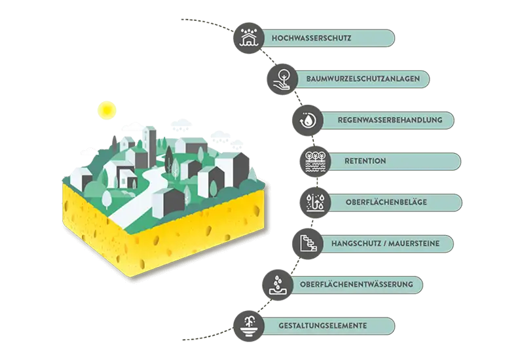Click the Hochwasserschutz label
pos(312,39)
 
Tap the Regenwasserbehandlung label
pos(384,120)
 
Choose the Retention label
pos(365,161)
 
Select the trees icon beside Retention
pos(316,161)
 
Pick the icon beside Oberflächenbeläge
pos(316,202)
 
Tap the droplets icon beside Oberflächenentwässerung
pos(278,284)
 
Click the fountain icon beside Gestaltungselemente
pos(248,325)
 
